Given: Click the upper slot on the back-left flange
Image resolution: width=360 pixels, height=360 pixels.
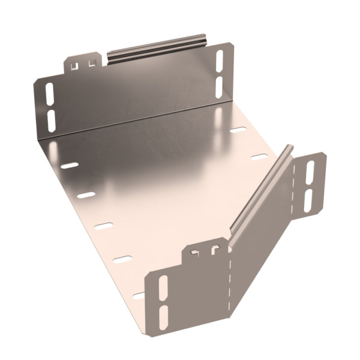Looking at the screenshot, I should coord(49,93).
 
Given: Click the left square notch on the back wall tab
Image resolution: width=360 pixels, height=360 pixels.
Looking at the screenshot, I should coord(76,62).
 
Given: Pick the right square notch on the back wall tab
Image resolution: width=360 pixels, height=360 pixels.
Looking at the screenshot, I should coord(92,61).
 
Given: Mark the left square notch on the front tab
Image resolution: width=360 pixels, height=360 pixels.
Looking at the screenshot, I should coord(194,253).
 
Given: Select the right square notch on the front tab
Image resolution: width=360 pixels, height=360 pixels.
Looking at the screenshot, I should coord(213,250).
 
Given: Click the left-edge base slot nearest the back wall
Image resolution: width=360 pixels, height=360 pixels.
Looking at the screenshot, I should coord(70,164).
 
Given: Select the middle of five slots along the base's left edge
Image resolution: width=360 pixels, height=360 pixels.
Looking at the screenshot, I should coord(104,226).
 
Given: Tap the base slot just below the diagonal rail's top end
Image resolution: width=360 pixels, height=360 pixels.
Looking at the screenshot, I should coord(259,157).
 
